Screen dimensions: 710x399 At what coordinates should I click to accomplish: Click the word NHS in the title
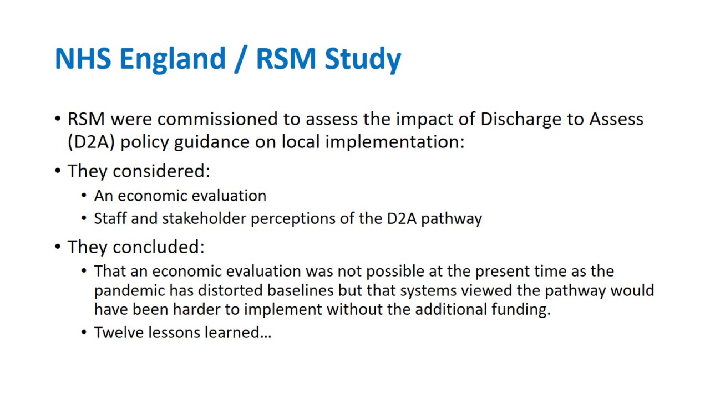83,58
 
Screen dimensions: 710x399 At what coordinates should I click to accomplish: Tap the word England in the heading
173,60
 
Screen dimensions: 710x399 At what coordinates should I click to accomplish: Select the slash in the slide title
241,59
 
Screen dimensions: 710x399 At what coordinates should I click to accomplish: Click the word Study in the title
363,60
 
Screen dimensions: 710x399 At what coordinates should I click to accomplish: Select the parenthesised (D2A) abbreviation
92,142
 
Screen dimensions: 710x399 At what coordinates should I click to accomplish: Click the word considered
161,171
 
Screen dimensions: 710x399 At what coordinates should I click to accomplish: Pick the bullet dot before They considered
58,171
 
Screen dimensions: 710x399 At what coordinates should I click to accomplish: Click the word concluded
159,247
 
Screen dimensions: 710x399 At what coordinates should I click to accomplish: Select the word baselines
301,290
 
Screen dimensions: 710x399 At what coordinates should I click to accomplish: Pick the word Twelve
119,333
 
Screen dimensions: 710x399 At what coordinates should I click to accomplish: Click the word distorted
230,290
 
